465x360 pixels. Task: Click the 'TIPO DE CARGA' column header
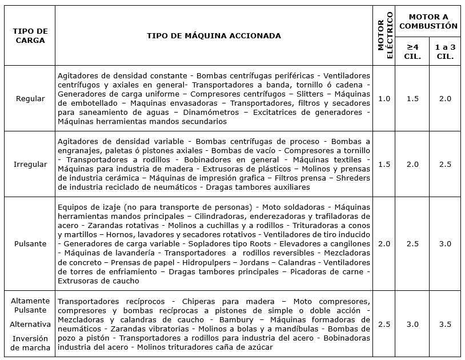[x=30, y=35]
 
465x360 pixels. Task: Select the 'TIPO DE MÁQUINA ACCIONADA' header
[x=214, y=35]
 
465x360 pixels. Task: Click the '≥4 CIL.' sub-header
[x=413, y=51]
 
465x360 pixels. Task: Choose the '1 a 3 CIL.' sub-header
[x=445, y=51]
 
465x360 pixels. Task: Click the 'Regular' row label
[x=30, y=98]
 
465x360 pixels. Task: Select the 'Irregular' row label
[x=30, y=164]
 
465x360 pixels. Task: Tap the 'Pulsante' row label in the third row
[x=30, y=244]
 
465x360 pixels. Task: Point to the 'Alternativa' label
[x=30, y=324]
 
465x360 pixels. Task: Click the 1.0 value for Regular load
[x=384, y=98]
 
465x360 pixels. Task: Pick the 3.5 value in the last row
[x=445, y=324]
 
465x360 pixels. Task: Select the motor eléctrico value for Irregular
[x=384, y=164]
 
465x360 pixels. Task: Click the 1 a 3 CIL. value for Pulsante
[x=445, y=244]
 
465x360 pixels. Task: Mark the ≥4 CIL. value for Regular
[x=413, y=98]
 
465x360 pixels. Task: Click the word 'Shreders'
[x=352, y=178]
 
